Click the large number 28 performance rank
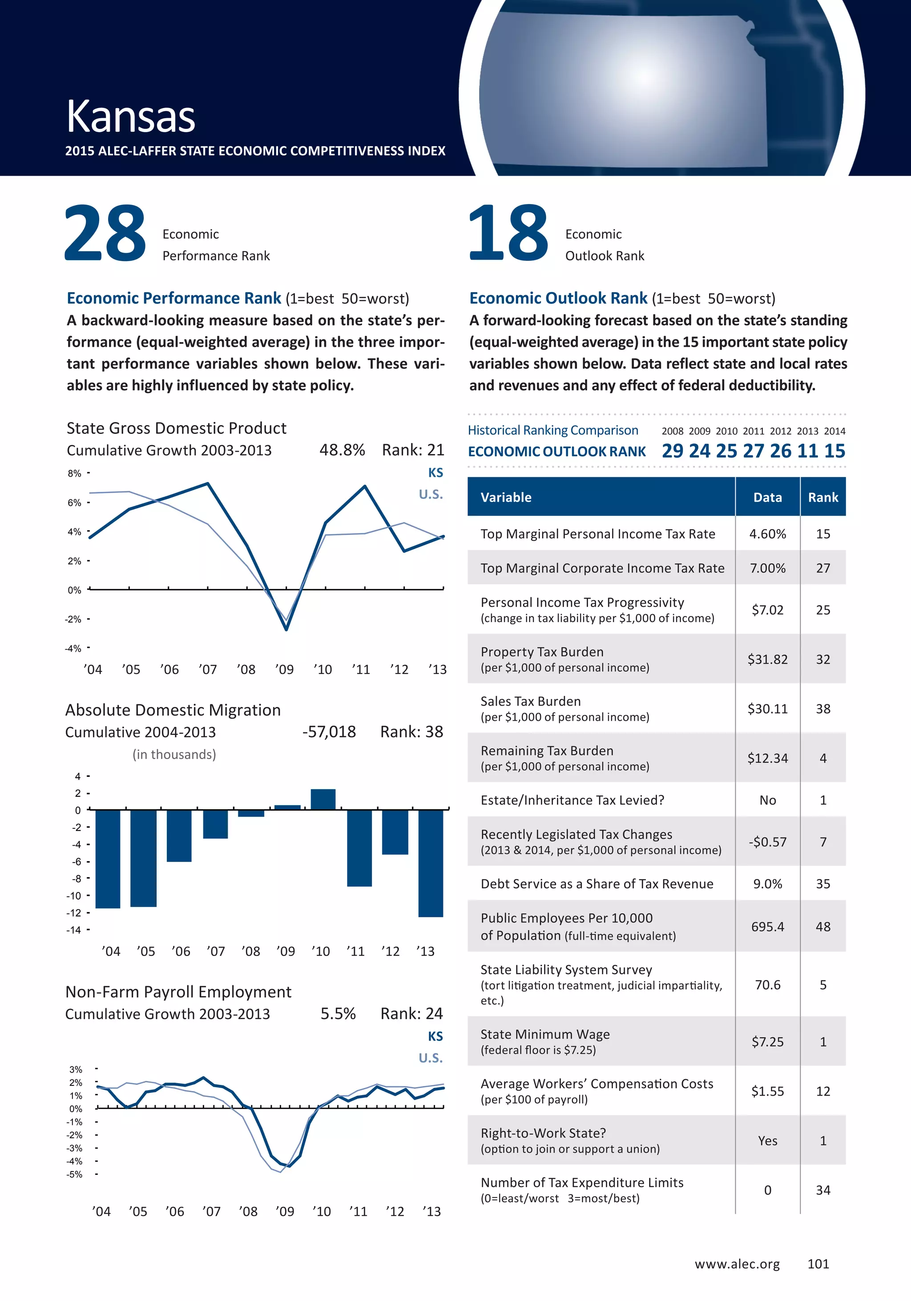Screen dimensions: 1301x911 (x=105, y=233)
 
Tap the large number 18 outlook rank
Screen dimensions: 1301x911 (x=508, y=233)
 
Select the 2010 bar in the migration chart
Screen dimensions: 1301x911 (x=323, y=799)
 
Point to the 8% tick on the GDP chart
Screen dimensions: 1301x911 (x=74, y=473)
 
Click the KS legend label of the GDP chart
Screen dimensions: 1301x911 (x=435, y=473)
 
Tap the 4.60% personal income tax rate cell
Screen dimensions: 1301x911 (x=768, y=534)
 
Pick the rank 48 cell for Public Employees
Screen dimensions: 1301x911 (x=822, y=927)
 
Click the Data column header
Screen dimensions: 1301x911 (x=768, y=498)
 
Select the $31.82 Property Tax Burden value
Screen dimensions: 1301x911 (x=768, y=659)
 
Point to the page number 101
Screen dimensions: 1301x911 (x=818, y=1264)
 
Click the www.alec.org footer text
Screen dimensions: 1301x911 (x=737, y=1264)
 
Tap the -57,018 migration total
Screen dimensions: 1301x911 (x=329, y=732)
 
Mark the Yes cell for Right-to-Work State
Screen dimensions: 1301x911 (x=768, y=1140)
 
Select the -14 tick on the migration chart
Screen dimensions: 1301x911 (x=74, y=930)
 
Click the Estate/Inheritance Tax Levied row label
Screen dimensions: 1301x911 (x=572, y=800)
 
